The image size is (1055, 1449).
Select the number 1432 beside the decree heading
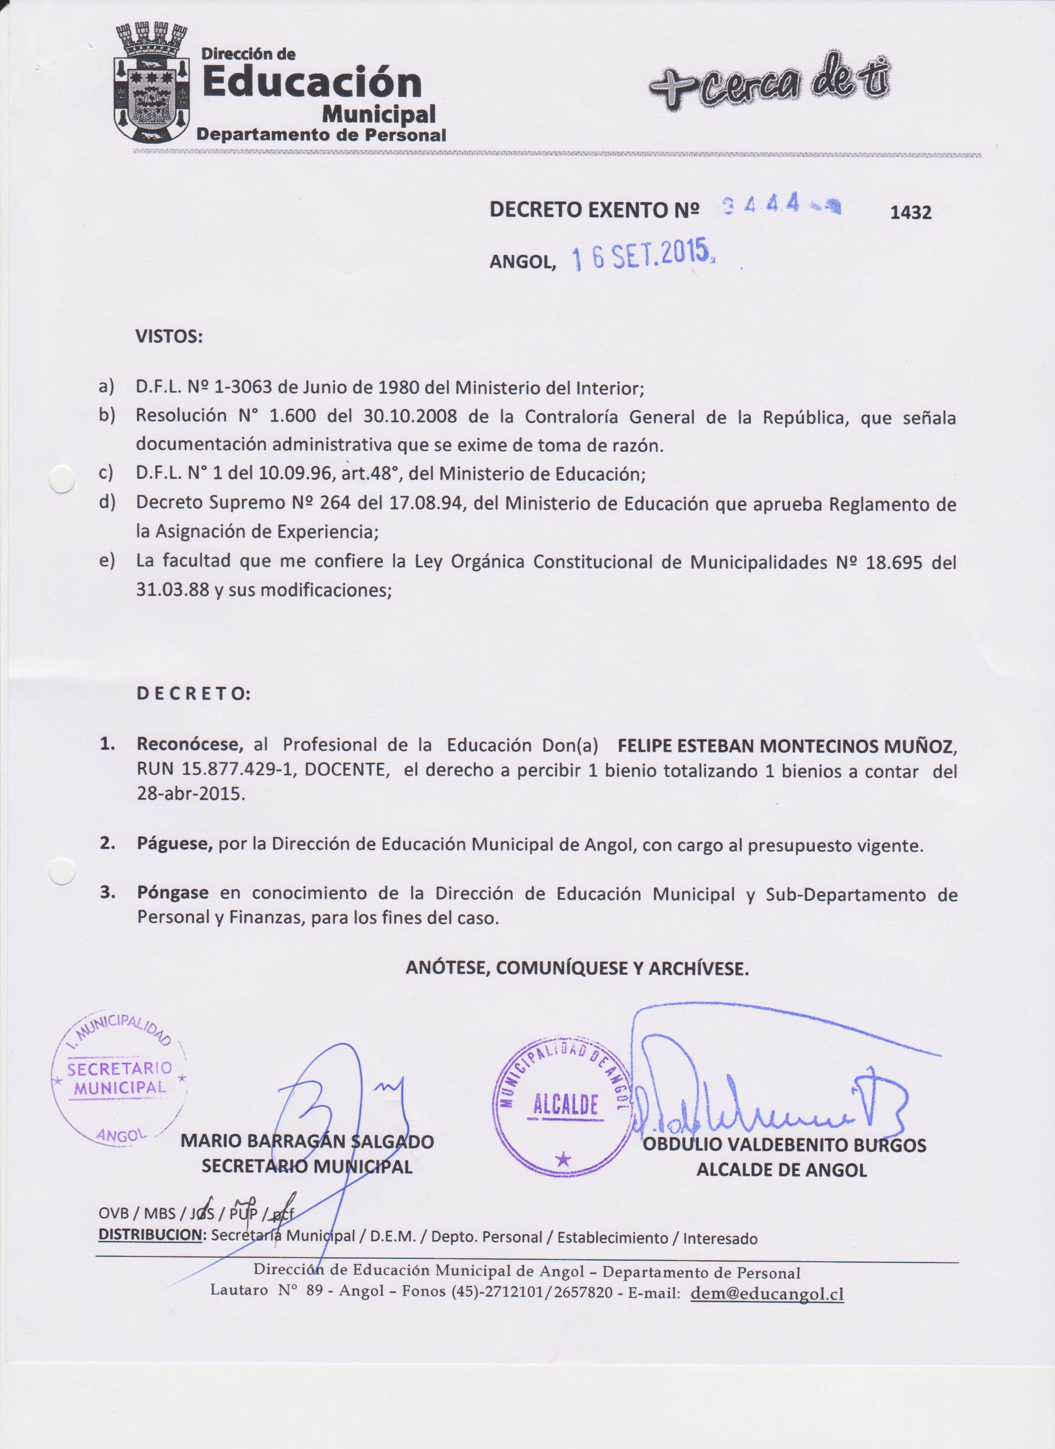click(911, 213)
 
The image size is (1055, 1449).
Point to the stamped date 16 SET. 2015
click(642, 256)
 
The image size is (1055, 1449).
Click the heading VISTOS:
click(169, 337)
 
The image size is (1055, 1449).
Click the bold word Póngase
click(173, 892)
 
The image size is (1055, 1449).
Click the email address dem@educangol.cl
click(767, 1294)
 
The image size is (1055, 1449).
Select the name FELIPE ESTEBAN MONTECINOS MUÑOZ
click(787, 745)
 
